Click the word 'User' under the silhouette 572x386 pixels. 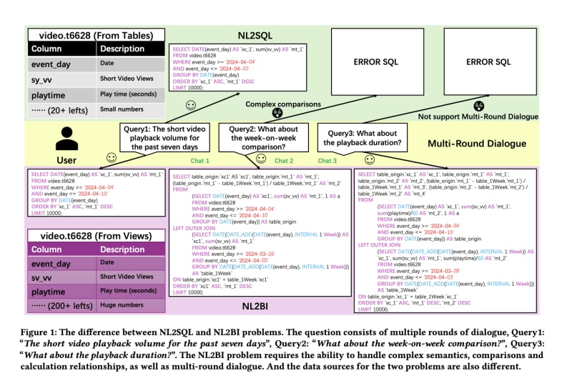pyautogui.click(x=65, y=160)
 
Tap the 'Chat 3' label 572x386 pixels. pyautogui.click(x=327, y=161)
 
